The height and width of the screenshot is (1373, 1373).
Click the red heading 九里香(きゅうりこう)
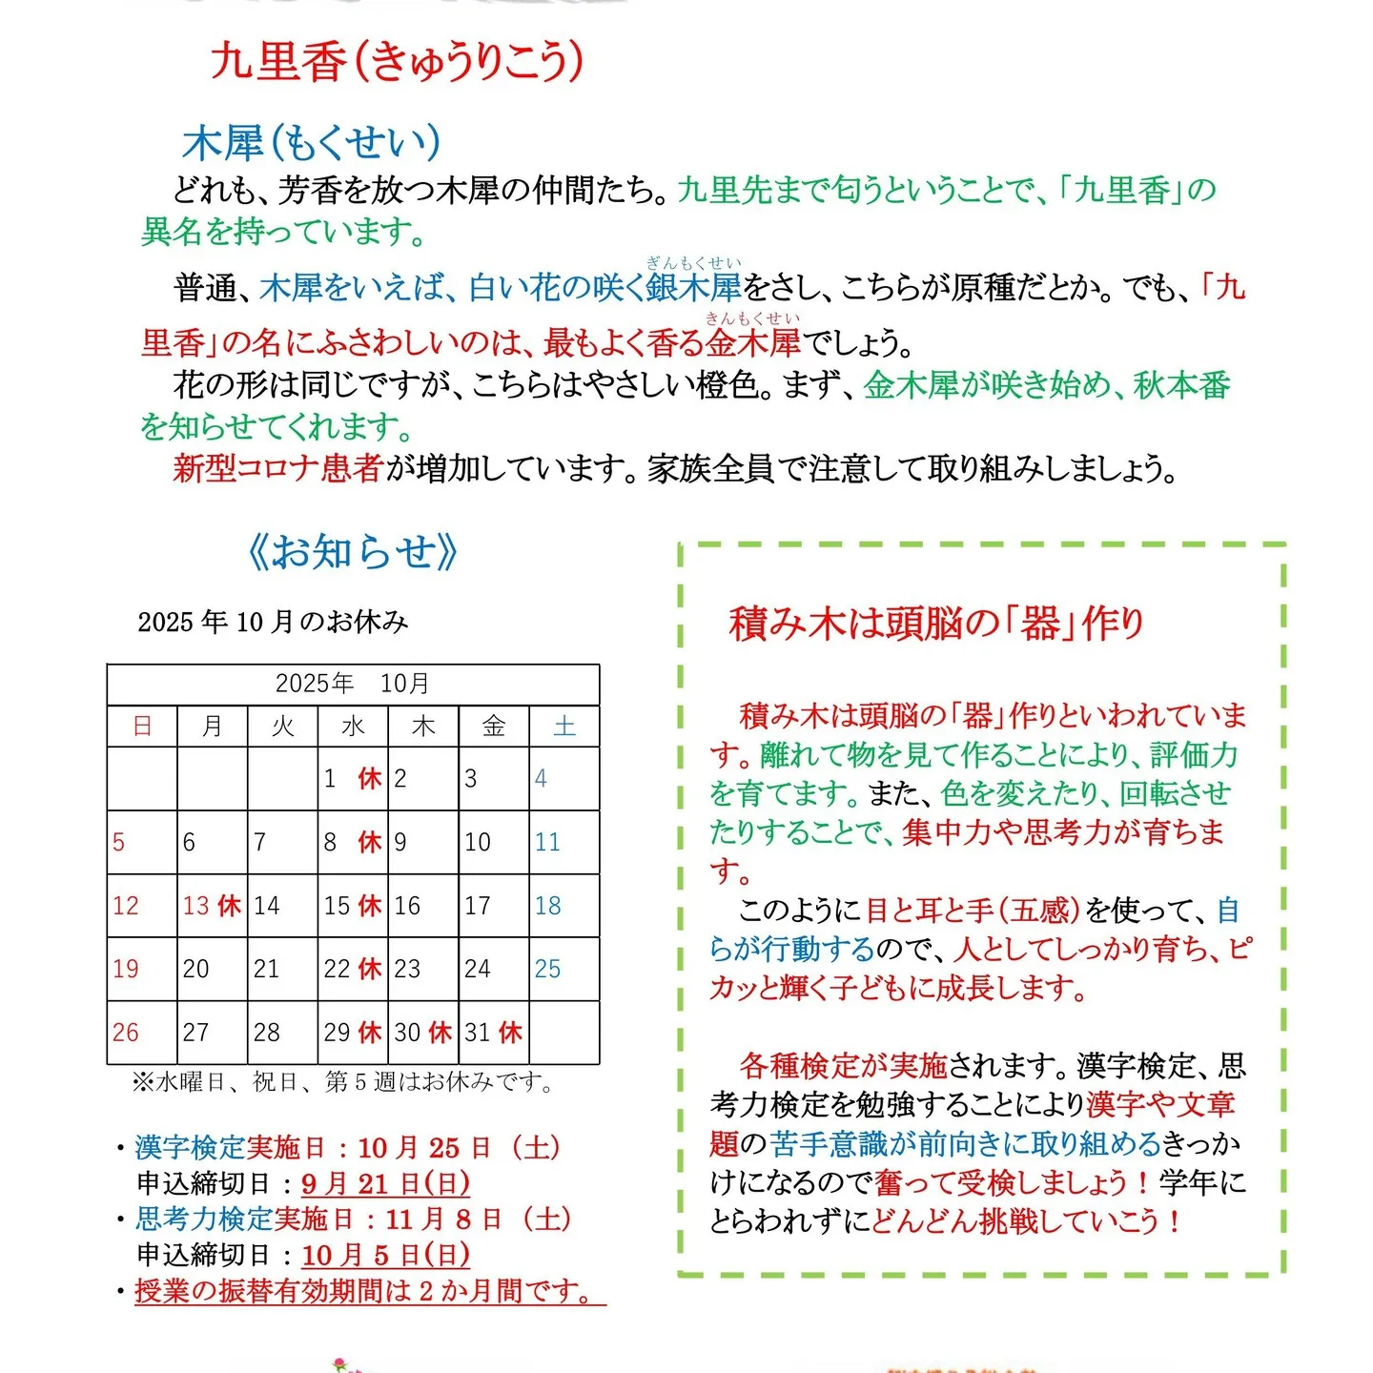click(x=397, y=62)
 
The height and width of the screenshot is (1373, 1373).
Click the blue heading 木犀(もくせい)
click(x=312, y=143)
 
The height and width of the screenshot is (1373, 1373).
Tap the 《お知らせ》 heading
click(x=353, y=552)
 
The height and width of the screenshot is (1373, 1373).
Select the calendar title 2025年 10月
click(x=353, y=684)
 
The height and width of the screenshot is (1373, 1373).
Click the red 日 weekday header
click(x=142, y=727)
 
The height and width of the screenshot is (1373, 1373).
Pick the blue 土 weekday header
click(x=564, y=727)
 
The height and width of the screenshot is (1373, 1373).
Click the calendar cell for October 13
click(x=212, y=906)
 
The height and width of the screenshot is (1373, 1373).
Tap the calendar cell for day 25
click(x=564, y=969)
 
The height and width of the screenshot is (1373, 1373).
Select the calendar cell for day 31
click(x=493, y=1033)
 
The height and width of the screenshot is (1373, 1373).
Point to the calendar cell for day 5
click(x=141, y=842)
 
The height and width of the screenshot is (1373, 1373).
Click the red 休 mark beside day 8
click(x=370, y=842)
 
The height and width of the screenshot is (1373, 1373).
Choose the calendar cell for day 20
click(x=212, y=969)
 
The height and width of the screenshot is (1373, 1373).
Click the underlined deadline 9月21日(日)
click(x=385, y=1183)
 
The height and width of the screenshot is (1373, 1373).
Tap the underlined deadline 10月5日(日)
click(x=385, y=1255)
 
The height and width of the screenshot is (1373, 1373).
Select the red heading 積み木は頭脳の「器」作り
click(x=936, y=624)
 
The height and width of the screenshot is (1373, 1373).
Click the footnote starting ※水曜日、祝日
click(x=343, y=1082)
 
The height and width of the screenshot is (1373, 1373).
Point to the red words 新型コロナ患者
click(x=277, y=468)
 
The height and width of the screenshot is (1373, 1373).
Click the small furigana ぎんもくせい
click(x=693, y=263)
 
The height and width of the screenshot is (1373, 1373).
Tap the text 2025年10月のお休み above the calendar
click(x=273, y=622)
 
